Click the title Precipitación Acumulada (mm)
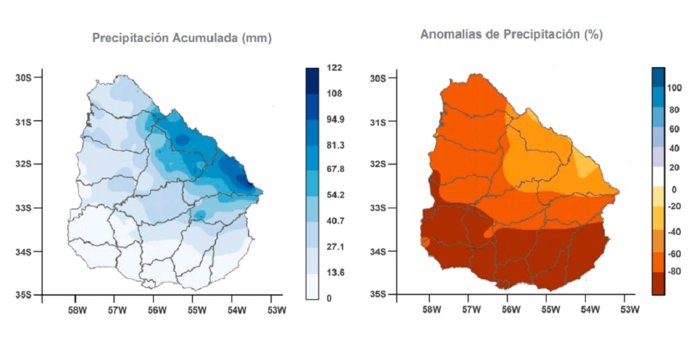[x=182, y=38]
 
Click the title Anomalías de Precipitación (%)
[x=512, y=34]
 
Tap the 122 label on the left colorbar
[x=334, y=68]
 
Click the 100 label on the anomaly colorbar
[x=675, y=88]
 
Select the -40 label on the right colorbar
[x=675, y=231]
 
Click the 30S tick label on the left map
[x=24, y=77]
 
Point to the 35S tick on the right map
[x=377, y=294]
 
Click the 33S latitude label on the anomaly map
[x=377, y=208]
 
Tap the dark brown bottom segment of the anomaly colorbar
[x=658, y=284]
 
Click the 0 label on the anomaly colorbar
[x=674, y=189]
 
